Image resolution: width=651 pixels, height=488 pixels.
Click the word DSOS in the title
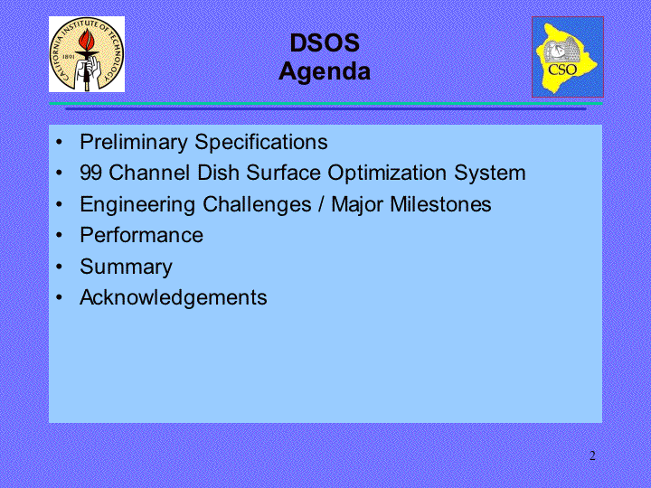point(325,42)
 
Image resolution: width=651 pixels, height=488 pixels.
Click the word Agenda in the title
point(325,71)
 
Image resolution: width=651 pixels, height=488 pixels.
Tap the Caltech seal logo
point(87,54)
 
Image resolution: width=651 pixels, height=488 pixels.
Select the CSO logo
point(568,57)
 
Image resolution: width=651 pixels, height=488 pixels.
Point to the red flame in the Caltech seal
point(88,40)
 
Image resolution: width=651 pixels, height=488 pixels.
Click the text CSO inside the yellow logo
point(562,70)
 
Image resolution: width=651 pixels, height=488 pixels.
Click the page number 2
point(592,455)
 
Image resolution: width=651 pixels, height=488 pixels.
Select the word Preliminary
point(134,143)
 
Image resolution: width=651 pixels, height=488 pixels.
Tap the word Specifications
point(261,143)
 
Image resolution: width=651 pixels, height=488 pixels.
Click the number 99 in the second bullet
point(91,173)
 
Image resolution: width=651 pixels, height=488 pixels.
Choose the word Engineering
point(137,204)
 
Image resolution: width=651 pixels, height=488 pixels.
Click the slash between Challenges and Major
point(321,204)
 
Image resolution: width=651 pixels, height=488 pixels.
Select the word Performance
point(142,235)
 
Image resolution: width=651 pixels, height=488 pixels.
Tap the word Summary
point(127,267)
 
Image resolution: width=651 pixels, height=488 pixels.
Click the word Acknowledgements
point(174,298)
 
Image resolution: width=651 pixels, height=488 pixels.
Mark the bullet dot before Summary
point(60,267)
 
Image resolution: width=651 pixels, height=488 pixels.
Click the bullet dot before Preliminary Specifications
point(60,142)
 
